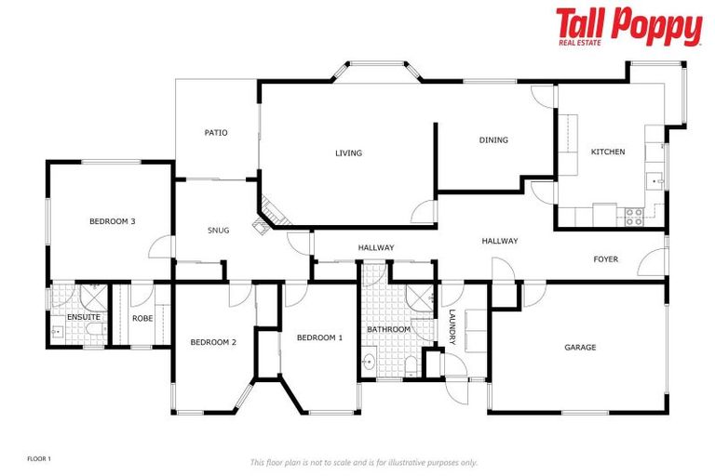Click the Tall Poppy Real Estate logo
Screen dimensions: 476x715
coord(628,26)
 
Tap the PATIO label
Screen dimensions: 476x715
coord(216,133)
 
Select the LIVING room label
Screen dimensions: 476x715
coord(349,153)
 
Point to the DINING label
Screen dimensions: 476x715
coord(493,140)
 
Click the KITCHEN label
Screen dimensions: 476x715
coord(608,152)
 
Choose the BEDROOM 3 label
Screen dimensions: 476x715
coord(113,221)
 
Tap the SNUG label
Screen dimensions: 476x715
coord(218,231)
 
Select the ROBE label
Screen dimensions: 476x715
coord(142,318)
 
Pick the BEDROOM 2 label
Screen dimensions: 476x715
coord(213,342)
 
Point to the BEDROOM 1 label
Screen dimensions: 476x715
coord(319,337)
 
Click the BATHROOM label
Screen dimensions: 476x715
coord(388,329)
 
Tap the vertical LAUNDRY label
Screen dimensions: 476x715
coord(452,327)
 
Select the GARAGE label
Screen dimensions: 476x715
coord(580,348)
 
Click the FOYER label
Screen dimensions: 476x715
coord(606,259)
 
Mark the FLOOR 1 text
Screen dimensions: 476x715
coord(39,458)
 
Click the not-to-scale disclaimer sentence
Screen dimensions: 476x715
coord(363,462)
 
